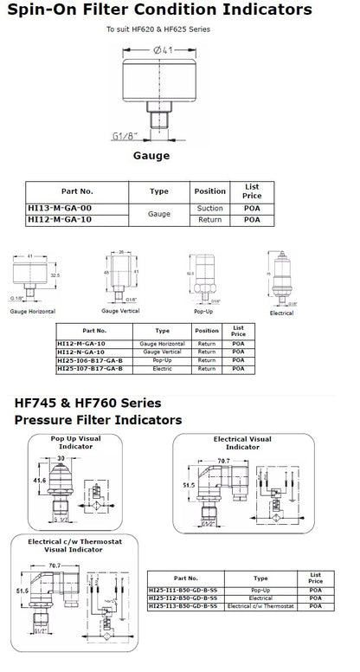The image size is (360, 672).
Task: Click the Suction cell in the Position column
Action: [x=209, y=208]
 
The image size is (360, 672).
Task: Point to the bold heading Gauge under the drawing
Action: [x=151, y=158]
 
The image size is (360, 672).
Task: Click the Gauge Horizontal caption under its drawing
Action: [x=35, y=309]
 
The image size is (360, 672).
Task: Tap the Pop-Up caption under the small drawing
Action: [x=203, y=309]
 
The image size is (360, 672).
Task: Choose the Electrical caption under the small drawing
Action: [x=281, y=313]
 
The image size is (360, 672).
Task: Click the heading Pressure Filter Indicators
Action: [x=99, y=421]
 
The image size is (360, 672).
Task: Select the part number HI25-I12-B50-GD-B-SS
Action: [x=185, y=597]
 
